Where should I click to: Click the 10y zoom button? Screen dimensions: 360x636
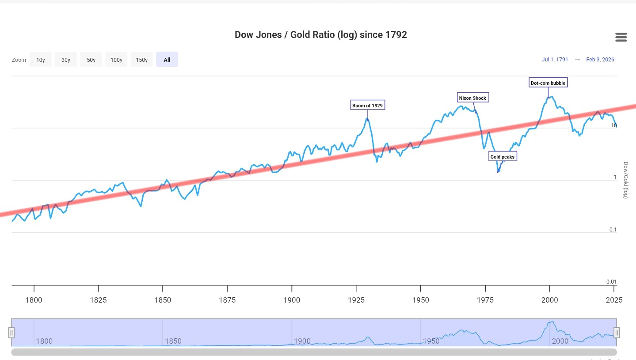tap(41, 60)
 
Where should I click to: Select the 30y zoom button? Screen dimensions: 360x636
tap(66, 60)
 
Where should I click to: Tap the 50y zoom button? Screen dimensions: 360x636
tap(91, 60)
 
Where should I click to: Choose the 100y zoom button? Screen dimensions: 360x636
tap(116, 60)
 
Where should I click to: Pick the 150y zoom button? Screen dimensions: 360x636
tap(142, 60)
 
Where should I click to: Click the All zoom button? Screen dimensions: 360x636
tap(167, 60)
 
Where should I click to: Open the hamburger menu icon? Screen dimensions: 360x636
tap(621, 37)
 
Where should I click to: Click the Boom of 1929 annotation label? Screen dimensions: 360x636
tap(367, 106)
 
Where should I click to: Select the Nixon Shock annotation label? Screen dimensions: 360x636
tap(472, 98)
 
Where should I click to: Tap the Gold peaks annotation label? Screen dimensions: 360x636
tap(503, 157)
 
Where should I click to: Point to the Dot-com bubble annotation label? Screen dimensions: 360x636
tap(548, 83)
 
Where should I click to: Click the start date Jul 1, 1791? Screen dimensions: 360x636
tap(555, 60)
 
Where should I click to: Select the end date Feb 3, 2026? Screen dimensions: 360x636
tap(600, 60)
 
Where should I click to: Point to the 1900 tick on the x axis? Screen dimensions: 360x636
tap(292, 300)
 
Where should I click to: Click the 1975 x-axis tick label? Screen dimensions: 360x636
tap(485, 300)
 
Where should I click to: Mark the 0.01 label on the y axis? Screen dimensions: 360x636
tap(611, 282)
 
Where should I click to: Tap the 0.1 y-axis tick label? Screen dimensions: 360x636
tap(613, 230)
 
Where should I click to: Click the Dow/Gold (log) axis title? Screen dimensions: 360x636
tap(625, 180)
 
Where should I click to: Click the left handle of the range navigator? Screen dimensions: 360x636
tap(12, 332)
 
